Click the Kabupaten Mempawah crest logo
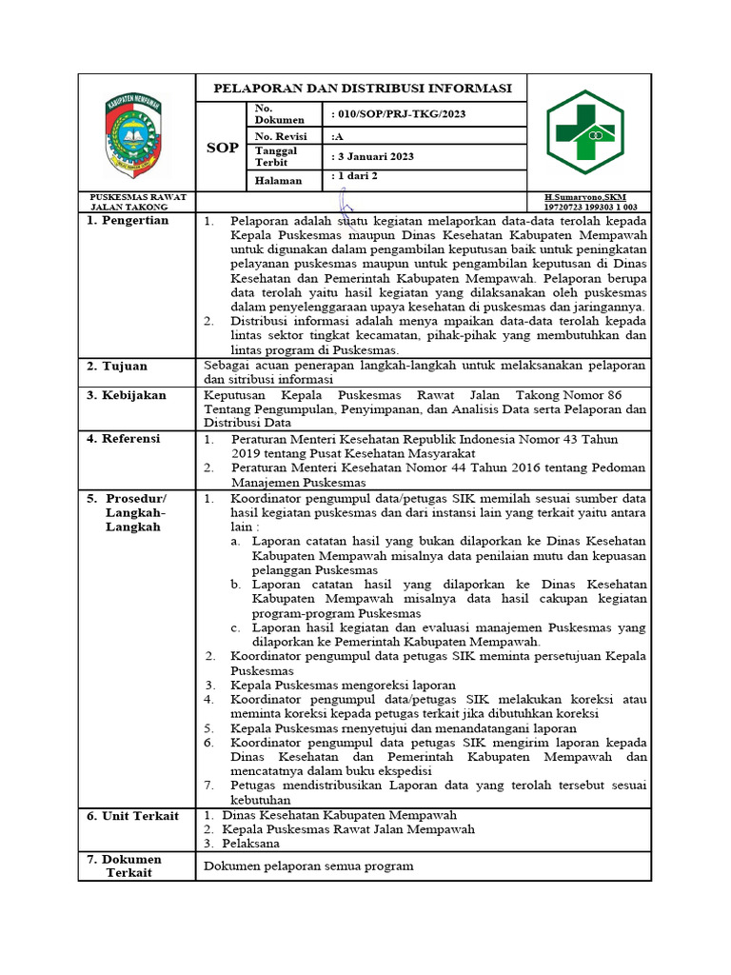(x=136, y=134)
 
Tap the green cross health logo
(x=584, y=133)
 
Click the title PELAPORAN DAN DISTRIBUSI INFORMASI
(x=361, y=89)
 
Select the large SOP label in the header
(x=222, y=148)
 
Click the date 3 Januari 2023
(x=372, y=157)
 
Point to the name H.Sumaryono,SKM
(x=583, y=197)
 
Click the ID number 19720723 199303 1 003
(x=589, y=207)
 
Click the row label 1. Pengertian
(x=128, y=221)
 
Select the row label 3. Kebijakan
(x=127, y=395)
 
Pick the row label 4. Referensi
(x=125, y=439)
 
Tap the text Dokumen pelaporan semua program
(x=309, y=866)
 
